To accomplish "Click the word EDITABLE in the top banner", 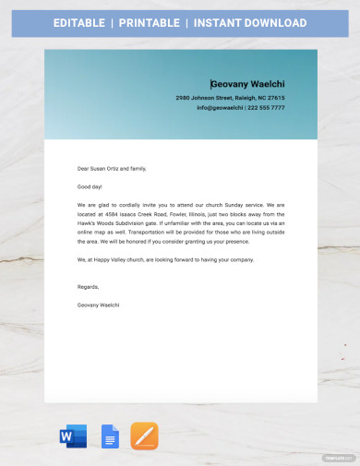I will [78, 22].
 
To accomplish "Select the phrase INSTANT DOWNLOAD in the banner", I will [261, 22].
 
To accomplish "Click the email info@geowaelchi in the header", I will [220, 108].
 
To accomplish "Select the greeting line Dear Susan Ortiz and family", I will [113, 168].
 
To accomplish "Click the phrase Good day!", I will [91, 186].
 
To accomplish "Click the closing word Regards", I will [88, 286].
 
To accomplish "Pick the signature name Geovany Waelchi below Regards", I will [99, 304].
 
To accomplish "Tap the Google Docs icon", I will [109, 436].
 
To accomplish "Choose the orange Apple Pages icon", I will [144, 436].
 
